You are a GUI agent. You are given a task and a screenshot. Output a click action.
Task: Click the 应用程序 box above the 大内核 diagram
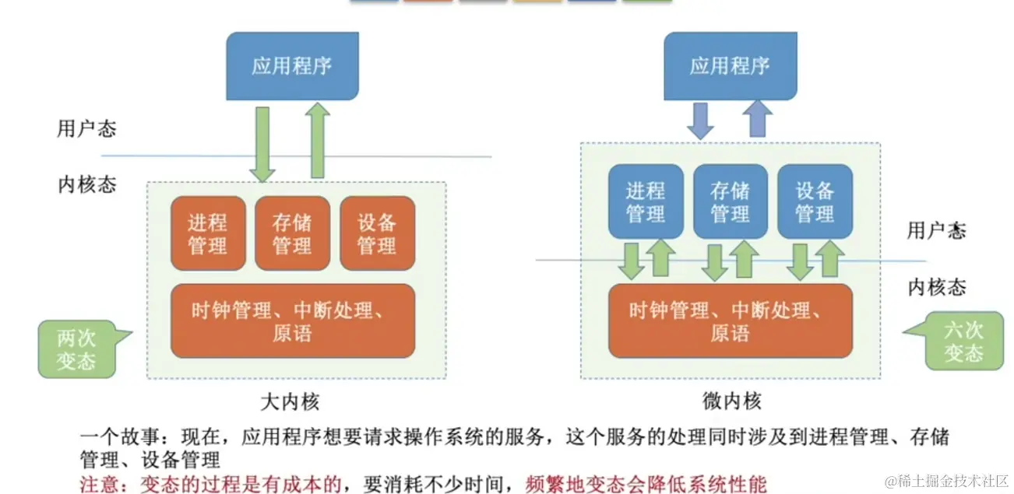tap(292, 65)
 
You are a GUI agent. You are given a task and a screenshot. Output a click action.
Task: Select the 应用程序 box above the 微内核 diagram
tap(730, 65)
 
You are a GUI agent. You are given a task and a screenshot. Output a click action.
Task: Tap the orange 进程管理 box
tap(208, 233)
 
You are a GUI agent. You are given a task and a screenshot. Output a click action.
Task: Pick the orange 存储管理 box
tap(292, 233)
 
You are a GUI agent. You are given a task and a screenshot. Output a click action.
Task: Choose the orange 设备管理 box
tap(377, 233)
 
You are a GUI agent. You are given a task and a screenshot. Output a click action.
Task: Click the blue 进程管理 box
tap(646, 201)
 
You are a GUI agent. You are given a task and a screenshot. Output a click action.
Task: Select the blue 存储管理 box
tap(731, 201)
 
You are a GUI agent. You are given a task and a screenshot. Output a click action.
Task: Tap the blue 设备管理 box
tap(815, 201)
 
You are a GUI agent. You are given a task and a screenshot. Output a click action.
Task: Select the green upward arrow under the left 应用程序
tap(317, 141)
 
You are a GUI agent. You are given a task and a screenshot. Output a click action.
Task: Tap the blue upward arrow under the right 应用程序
tap(756, 120)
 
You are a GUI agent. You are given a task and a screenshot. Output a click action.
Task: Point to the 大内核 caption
tap(290, 401)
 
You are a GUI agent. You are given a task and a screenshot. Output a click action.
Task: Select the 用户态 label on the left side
tap(86, 128)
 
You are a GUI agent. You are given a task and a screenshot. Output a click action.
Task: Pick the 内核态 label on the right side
tap(937, 288)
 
